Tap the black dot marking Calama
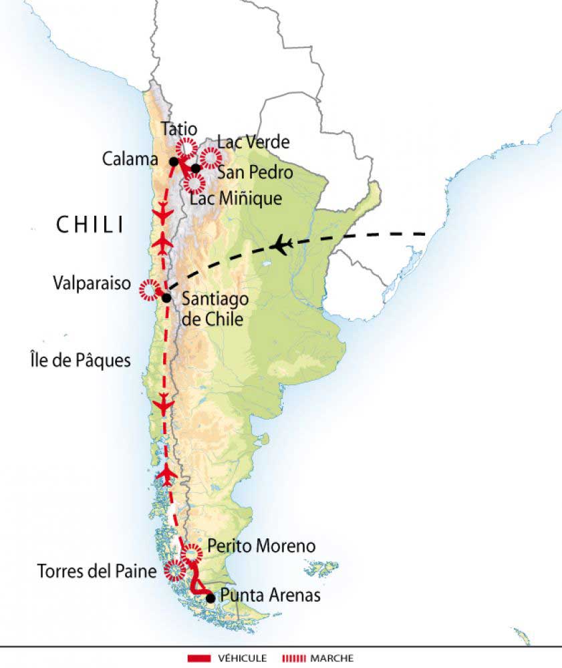(x=174, y=161)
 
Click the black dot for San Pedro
(x=196, y=168)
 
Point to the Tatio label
(x=179, y=128)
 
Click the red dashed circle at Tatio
(x=186, y=147)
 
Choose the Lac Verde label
(x=253, y=142)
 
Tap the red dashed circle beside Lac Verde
(x=210, y=158)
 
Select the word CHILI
(x=90, y=225)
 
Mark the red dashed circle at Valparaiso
(x=148, y=291)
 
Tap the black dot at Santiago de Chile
(x=166, y=298)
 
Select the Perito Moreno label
(x=261, y=546)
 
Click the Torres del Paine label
(x=98, y=571)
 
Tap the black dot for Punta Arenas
(x=211, y=598)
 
